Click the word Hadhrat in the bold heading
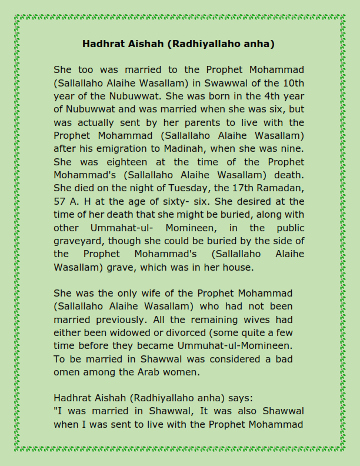point(101,44)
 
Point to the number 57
point(60,201)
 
